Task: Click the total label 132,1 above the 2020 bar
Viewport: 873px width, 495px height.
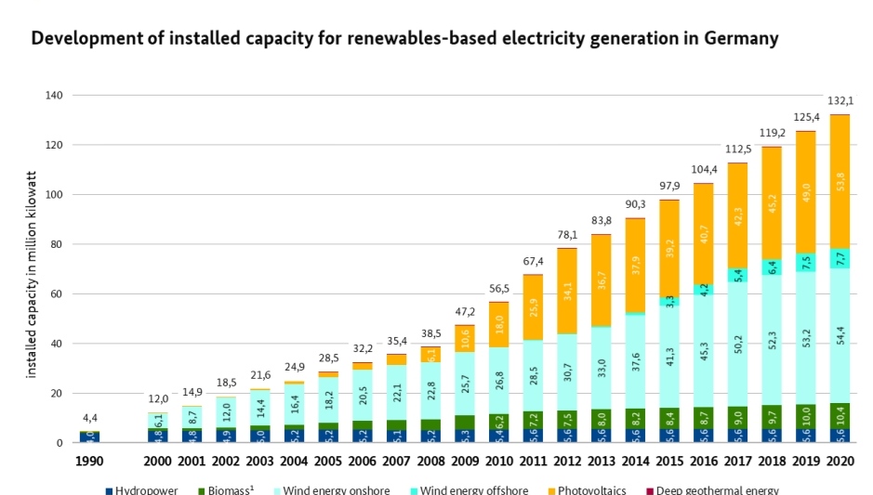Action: (840, 101)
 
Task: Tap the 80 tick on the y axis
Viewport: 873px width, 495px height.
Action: (56, 244)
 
